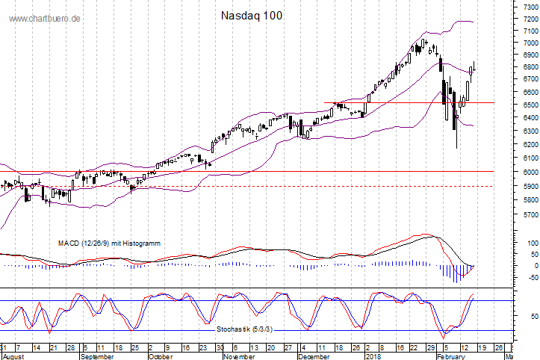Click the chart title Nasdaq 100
[x=252, y=15]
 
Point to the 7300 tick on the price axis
[x=528, y=5]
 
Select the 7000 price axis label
[x=528, y=43]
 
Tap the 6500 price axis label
[x=528, y=105]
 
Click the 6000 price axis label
[x=528, y=172]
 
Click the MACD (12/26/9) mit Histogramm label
[x=110, y=243]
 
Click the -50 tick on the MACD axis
[x=530, y=276]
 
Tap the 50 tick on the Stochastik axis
[x=531, y=317]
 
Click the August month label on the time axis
[x=14, y=356]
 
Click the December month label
[x=313, y=356]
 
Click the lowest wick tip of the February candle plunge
[x=457, y=148]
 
